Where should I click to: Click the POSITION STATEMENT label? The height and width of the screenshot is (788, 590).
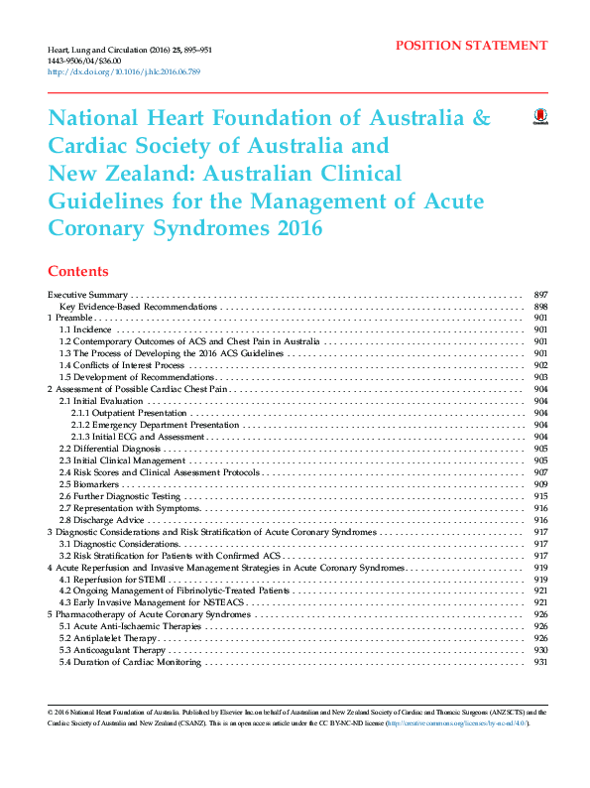coord(471,46)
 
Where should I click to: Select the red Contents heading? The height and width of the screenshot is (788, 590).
coord(78,271)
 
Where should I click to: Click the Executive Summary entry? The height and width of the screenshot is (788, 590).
coord(88,295)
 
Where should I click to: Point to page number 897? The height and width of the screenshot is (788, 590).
coord(541,295)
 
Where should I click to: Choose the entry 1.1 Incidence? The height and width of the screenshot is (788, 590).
coord(85,329)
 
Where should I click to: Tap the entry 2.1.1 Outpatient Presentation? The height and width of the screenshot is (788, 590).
coord(129,413)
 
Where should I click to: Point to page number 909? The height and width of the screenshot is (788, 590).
coord(541,484)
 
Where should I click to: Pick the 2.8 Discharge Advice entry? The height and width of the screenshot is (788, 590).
coord(102,520)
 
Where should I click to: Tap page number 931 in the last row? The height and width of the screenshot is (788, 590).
coord(541,662)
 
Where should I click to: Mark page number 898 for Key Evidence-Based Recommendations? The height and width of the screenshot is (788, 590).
coord(541,307)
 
